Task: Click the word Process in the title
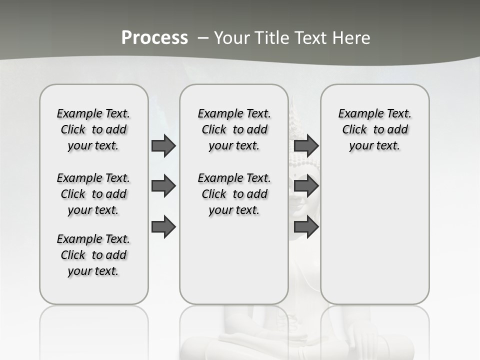click(154, 38)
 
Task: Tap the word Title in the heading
click(272, 38)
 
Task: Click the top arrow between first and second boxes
click(163, 145)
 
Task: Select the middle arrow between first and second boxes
click(163, 186)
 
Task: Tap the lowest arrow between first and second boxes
click(163, 226)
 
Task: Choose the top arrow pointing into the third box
click(306, 145)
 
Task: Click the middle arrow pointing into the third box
click(306, 186)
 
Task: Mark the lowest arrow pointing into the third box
click(306, 226)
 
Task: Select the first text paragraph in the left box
click(93, 129)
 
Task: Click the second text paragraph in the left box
click(93, 194)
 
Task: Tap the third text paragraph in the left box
click(93, 255)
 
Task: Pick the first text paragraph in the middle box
click(234, 129)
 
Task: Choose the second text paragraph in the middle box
click(234, 194)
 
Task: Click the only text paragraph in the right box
click(374, 129)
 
